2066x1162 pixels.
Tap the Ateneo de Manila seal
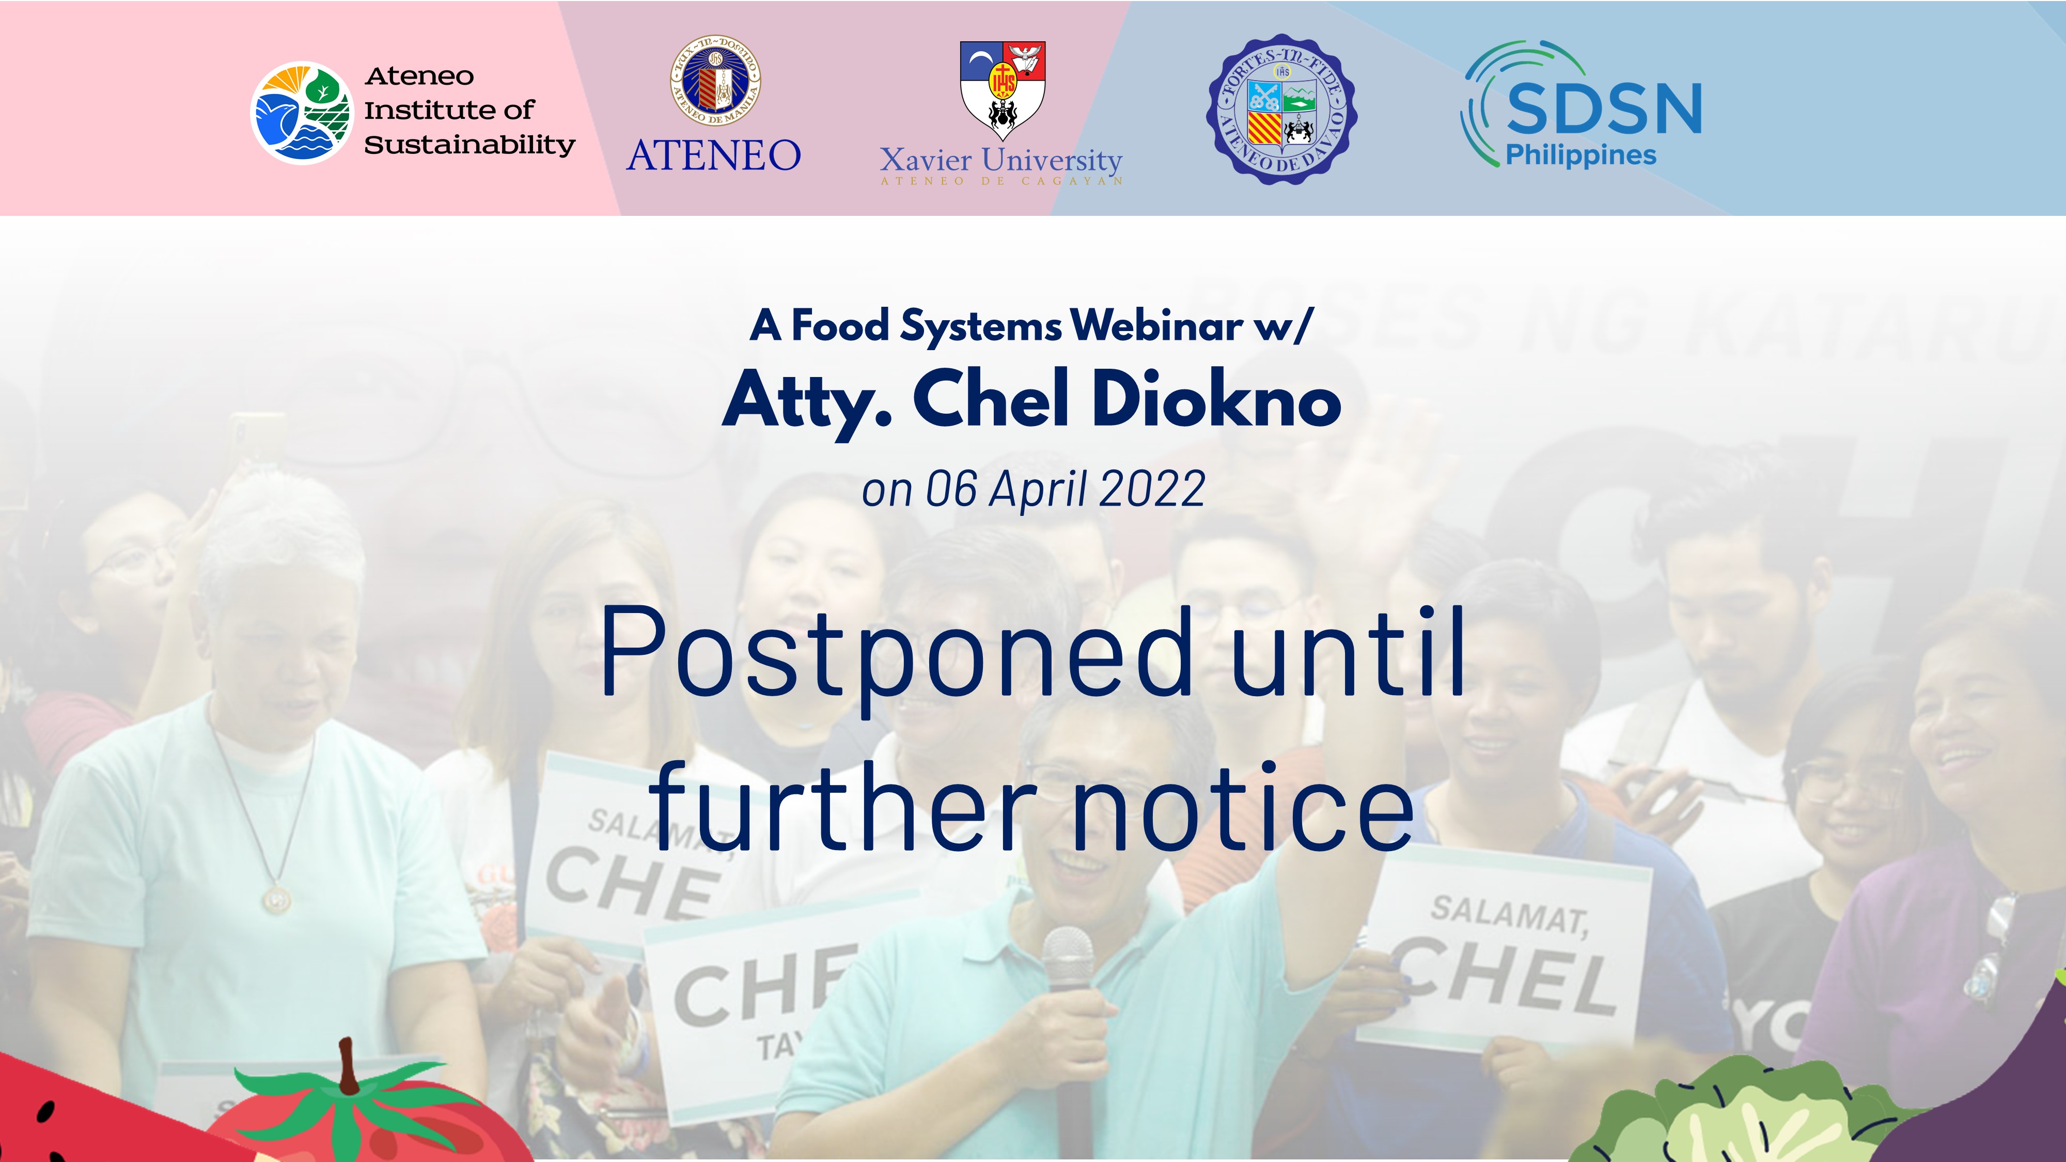[715, 80]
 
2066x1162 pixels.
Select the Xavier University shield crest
[1003, 90]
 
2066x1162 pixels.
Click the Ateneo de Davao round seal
[1281, 109]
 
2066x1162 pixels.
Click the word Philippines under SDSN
[1580, 155]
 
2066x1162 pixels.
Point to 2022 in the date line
[1152, 489]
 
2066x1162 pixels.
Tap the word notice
[1243, 808]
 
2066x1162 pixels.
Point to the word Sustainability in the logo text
[469, 145]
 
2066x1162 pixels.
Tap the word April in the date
[1039, 489]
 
